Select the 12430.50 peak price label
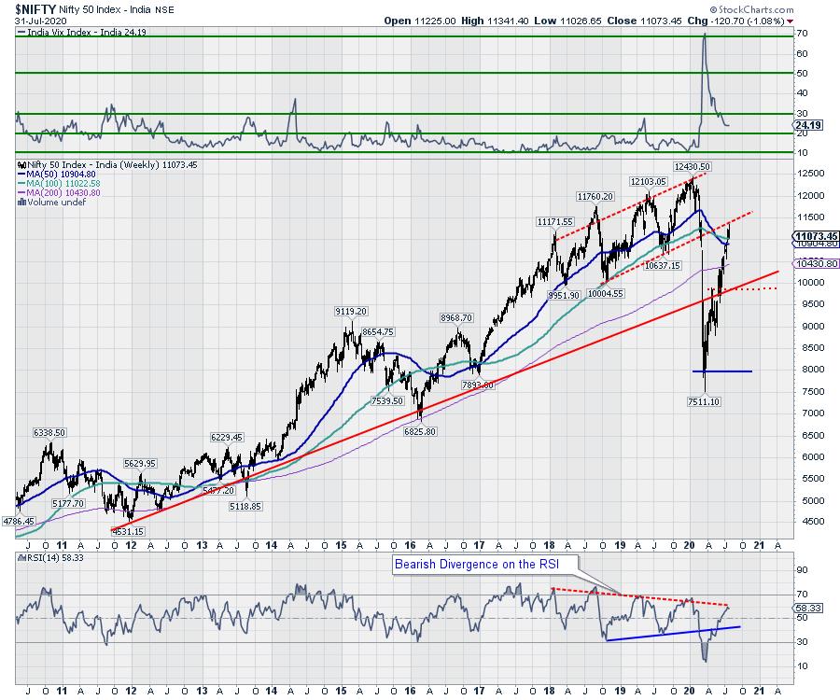692,166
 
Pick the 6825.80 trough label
419,430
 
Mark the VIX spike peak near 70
704,35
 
